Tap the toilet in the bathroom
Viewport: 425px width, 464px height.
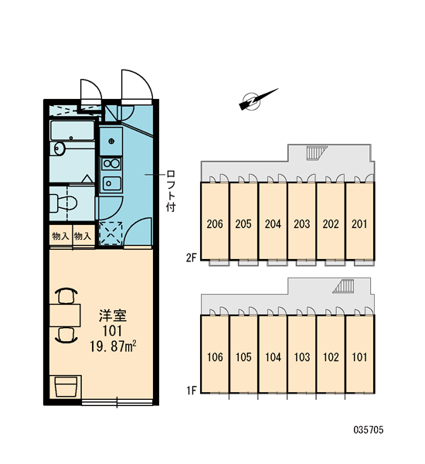pos(63,203)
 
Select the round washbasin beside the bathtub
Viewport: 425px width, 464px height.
pos(57,148)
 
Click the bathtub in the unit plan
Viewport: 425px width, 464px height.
pos(72,130)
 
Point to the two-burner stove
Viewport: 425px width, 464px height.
pos(111,163)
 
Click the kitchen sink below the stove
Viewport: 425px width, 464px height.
pos(111,184)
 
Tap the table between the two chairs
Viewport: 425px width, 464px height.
pos(65,315)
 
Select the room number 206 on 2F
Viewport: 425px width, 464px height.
pos(215,224)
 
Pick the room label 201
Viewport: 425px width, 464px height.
pos(359,224)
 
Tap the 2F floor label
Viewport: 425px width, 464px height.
pos(192,258)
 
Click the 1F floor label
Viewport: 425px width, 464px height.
pos(192,391)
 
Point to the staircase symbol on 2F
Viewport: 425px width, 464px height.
pos(317,152)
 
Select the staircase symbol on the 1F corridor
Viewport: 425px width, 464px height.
pos(343,286)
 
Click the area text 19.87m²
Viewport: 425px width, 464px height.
pos(113,346)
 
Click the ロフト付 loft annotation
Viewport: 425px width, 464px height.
pos(171,190)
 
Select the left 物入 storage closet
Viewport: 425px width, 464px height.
pos(60,236)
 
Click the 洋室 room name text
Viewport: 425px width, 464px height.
pos(113,316)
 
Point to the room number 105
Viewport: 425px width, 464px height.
pos(243,357)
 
